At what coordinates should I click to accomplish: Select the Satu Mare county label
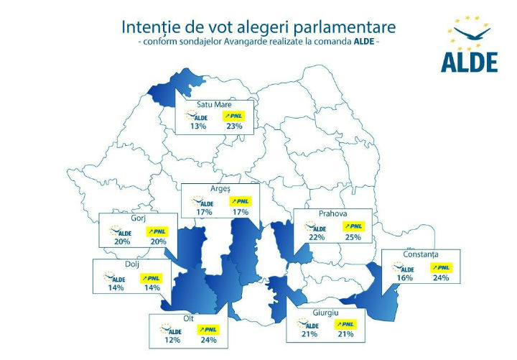(213, 104)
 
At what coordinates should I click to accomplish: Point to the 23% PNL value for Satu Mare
(234, 126)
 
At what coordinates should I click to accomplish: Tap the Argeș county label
(219, 189)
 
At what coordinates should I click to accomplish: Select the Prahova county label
(332, 213)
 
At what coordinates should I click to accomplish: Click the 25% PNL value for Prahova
(353, 238)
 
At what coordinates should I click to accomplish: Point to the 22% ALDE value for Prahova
(317, 238)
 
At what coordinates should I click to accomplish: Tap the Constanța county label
(420, 254)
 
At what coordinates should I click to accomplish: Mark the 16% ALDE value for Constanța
(404, 277)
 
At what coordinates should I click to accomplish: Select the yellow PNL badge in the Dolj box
(151, 277)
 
